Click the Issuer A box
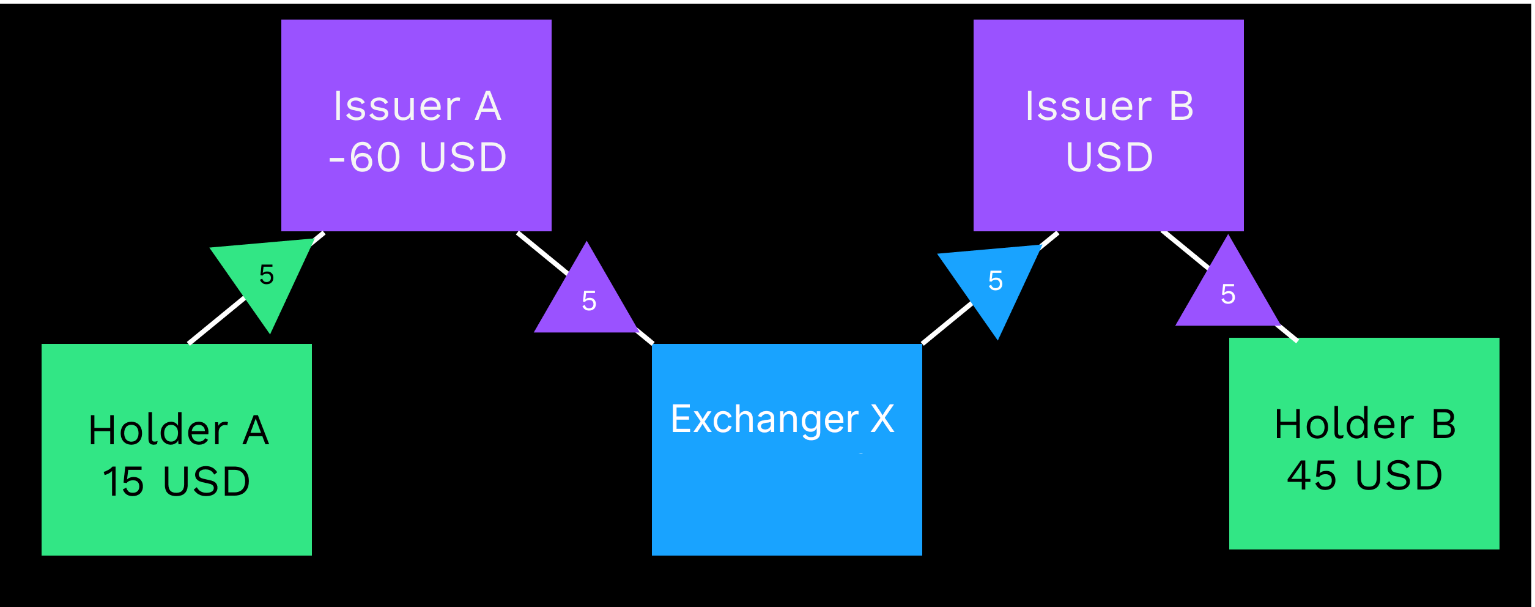pyautogui.click(x=416, y=125)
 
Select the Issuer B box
pyautogui.click(x=1108, y=125)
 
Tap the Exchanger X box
pyautogui.click(x=786, y=449)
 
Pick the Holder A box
pyautogui.click(x=176, y=449)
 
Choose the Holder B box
pyautogui.click(x=1364, y=443)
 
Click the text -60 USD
pyautogui.click(x=417, y=157)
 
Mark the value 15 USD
pyautogui.click(x=176, y=481)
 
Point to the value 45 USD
pyautogui.click(x=1364, y=475)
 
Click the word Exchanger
pyautogui.click(x=764, y=420)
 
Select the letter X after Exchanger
pyautogui.click(x=882, y=419)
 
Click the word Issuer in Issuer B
pyautogui.click(x=1089, y=106)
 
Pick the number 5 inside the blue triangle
pyautogui.click(x=996, y=281)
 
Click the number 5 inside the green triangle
pyautogui.click(x=266, y=274)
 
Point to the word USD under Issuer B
pyautogui.click(x=1109, y=157)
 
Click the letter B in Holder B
pyautogui.click(x=1444, y=424)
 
